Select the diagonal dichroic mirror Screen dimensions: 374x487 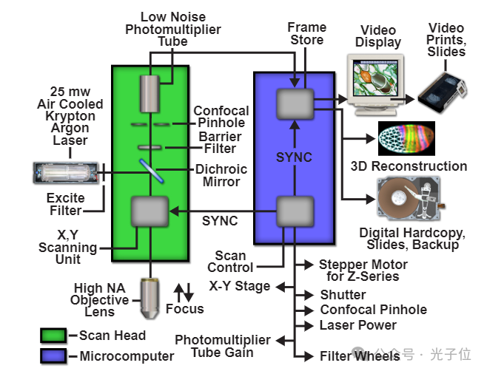[x=150, y=172]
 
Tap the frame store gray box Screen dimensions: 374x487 [x=295, y=103]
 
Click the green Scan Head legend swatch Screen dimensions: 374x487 [x=53, y=335]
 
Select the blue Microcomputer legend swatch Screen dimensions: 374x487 [x=53, y=356]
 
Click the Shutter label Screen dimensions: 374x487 [x=343, y=294]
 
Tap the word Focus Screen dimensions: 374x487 [x=184, y=309]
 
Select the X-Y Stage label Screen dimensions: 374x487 [x=239, y=286]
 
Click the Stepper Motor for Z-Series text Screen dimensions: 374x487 [x=363, y=270]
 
